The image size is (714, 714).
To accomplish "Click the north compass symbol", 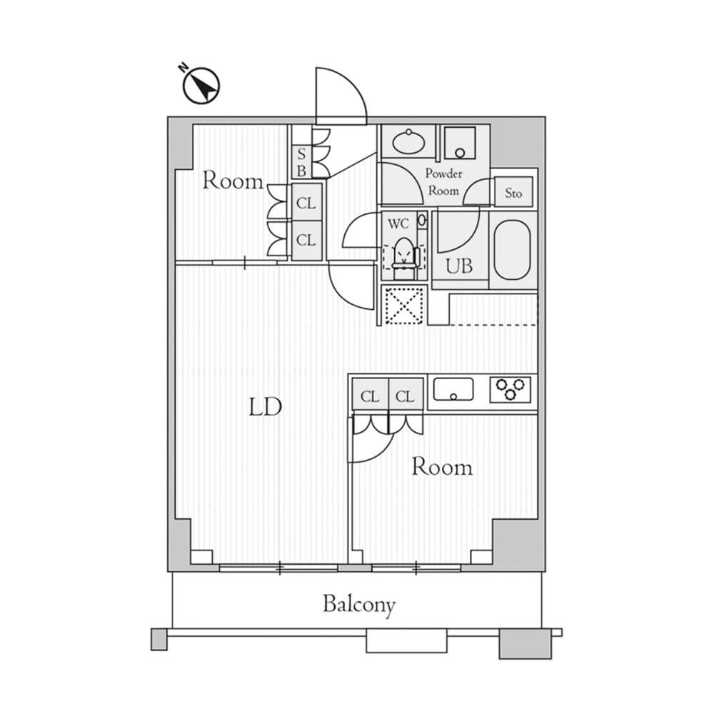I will (x=201, y=86).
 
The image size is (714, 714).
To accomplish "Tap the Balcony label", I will (x=358, y=605).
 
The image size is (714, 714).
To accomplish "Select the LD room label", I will (x=266, y=408).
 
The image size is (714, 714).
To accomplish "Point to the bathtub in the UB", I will (x=511, y=250).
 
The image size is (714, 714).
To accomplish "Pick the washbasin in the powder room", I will (x=408, y=141).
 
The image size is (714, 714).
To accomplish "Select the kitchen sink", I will (x=453, y=391).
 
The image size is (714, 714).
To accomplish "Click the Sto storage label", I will (x=514, y=193).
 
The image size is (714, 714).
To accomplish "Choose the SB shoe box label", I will (x=301, y=162).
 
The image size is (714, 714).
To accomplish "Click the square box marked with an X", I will (x=404, y=306).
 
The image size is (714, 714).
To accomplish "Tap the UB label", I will (x=459, y=266).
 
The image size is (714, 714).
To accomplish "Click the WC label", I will (x=398, y=223).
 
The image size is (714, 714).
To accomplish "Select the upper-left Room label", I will (x=233, y=181).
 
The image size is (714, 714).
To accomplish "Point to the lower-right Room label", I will (x=442, y=468).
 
